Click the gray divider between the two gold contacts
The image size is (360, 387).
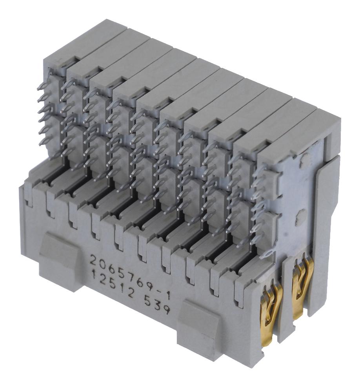tap(285, 298)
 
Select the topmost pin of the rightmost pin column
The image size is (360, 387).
tap(259, 170)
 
